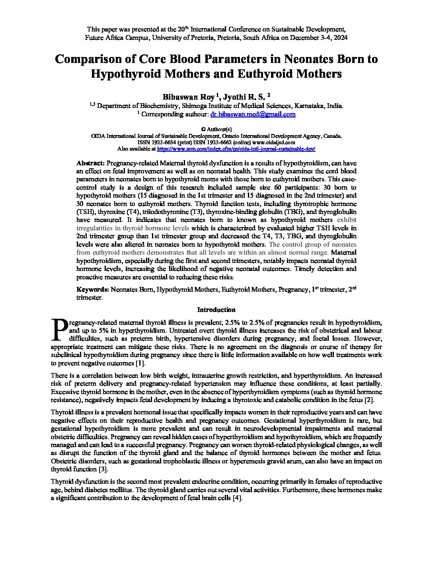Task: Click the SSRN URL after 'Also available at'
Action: pyautogui.click(x=236, y=149)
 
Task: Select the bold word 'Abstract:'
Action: pyautogui.click(x=90, y=163)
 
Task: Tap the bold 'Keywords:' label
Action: pyautogui.click(x=92, y=289)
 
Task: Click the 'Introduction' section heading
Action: pyautogui.click(x=216, y=310)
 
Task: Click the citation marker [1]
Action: pyautogui.click(x=140, y=363)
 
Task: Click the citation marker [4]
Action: pyautogui.click(x=237, y=498)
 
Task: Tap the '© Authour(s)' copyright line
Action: pyautogui.click(x=216, y=129)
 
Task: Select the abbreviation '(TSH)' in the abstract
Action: pyautogui.click(x=84, y=212)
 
